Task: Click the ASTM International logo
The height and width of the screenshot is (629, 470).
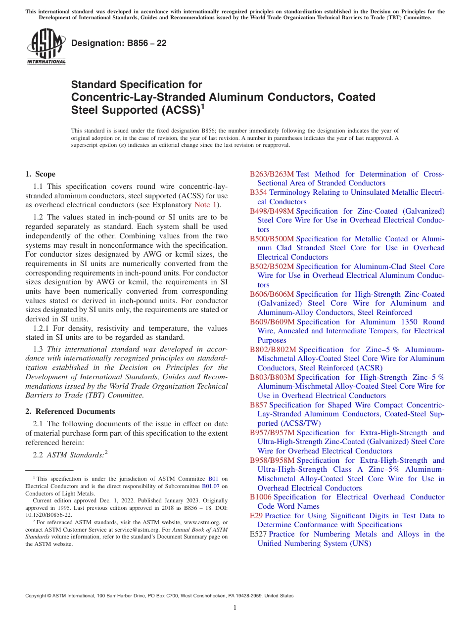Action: pyautogui.click(x=46, y=47)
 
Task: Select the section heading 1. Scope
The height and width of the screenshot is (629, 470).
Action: pyautogui.click(x=40, y=174)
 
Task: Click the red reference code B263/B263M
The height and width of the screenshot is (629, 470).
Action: pyautogui.click(x=272, y=174)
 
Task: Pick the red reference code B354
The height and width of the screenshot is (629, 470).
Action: pyautogui.click(x=258, y=192)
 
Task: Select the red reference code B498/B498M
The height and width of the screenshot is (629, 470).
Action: pyautogui.click(x=272, y=211)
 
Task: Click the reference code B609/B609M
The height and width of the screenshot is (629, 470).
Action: pyautogui.click(x=272, y=322)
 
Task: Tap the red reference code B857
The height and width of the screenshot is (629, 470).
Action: pyautogui.click(x=258, y=405)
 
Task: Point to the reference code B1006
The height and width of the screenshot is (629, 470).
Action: pyautogui.click(x=260, y=497)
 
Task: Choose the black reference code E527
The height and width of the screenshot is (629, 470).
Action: pyautogui.click(x=258, y=534)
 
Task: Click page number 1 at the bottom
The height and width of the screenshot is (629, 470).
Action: pyautogui.click(x=235, y=608)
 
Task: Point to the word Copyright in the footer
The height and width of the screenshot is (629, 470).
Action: pyautogui.click(x=37, y=596)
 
